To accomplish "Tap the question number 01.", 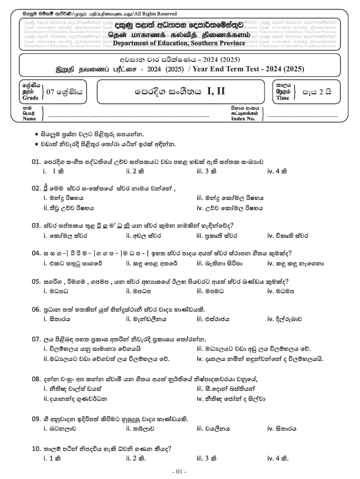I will pyautogui.click(x=35, y=161).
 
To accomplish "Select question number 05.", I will pyautogui.click(x=35, y=282).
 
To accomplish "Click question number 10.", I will pyautogui.click(x=35, y=449).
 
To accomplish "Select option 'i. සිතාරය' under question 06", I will pyautogui.click(x=61, y=319).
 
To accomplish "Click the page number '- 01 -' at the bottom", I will pyautogui.click(x=179, y=472).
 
